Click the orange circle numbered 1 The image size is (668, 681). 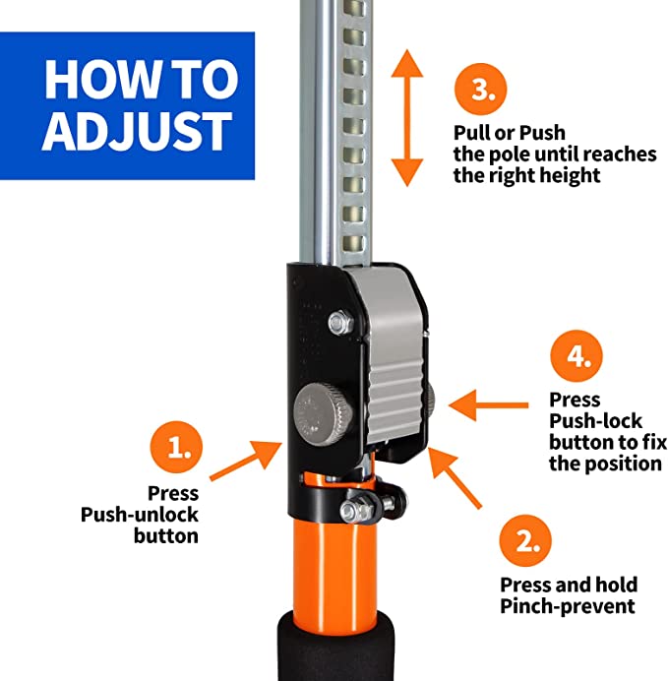(177, 447)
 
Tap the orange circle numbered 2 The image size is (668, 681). (525, 540)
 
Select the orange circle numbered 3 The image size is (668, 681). (481, 90)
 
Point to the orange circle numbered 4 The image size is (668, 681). (577, 356)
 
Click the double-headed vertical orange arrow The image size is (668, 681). (407, 118)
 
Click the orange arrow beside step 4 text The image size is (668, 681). (488, 405)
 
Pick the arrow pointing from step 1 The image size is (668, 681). (246, 461)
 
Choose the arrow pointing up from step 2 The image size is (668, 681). (455, 477)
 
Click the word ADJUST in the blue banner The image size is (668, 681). (137, 131)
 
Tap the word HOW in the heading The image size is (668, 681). (101, 80)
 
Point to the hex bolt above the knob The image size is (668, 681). (340, 323)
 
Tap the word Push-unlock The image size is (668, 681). (140, 515)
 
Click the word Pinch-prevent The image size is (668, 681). (568, 606)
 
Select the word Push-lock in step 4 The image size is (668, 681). (595, 421)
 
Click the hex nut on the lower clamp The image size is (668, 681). (351, 510)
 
